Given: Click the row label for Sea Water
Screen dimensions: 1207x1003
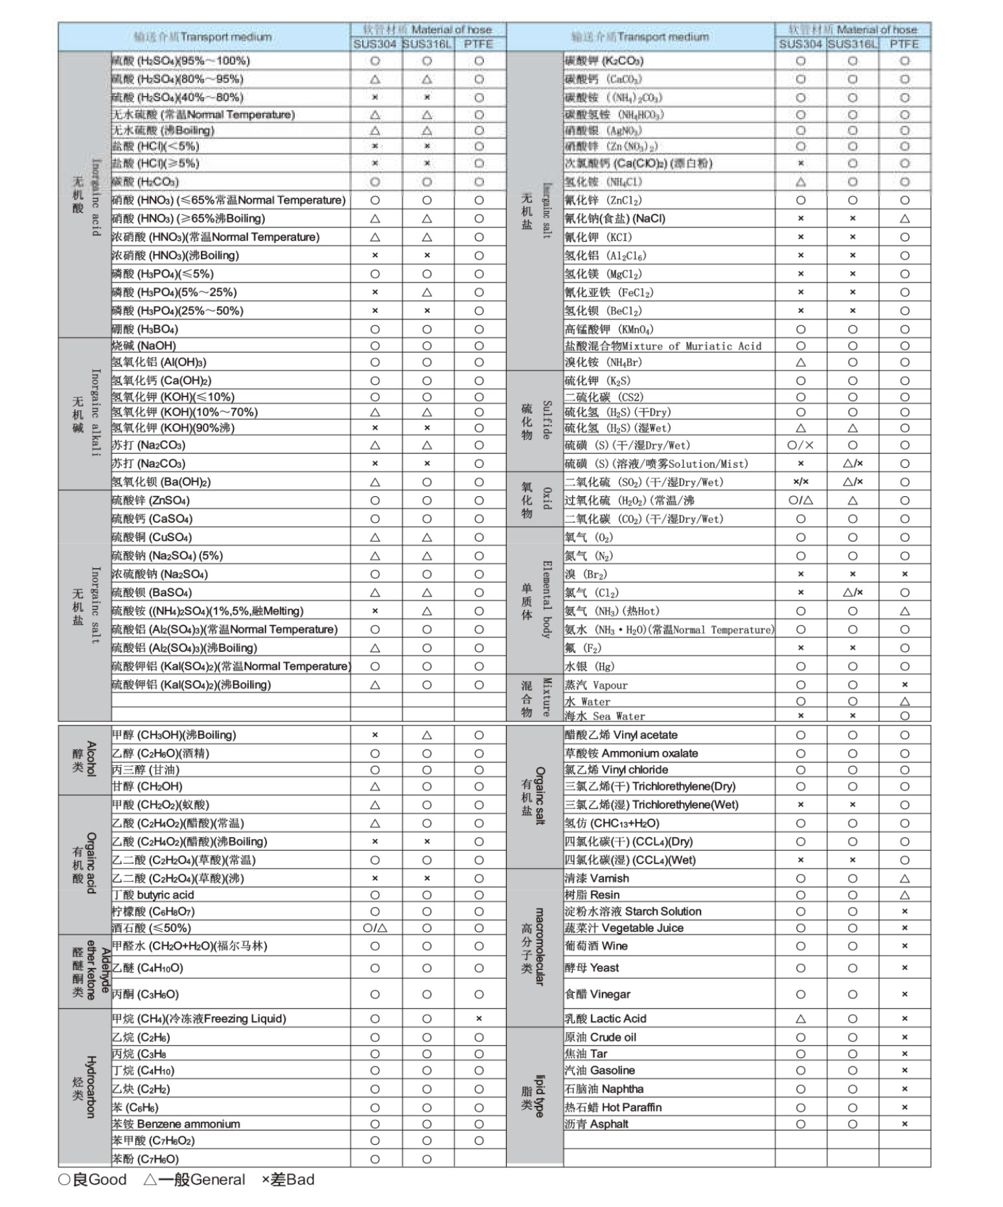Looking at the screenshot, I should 605,716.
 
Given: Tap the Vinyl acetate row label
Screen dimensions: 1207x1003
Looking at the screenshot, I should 621,735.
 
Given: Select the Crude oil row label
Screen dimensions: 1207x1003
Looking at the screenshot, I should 600,1037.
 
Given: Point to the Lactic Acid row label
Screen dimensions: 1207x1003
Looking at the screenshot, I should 605,1018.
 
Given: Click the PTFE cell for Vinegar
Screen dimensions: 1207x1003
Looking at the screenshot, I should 905,994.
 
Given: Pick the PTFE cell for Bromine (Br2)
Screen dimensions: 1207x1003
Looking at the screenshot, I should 905,574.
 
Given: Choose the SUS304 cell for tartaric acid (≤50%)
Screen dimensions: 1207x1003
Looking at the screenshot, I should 375,928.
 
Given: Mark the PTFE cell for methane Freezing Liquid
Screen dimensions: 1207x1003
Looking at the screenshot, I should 479,1018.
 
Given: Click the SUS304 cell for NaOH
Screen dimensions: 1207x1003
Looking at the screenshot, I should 375,346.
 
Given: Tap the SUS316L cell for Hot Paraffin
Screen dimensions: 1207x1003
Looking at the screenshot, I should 853,1107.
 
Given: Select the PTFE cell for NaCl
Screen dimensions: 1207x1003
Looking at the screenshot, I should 905,218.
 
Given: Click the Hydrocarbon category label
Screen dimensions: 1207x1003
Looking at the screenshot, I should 84,1088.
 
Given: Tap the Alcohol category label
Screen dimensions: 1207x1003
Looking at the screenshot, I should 84,759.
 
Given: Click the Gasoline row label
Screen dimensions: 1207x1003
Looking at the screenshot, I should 599,1070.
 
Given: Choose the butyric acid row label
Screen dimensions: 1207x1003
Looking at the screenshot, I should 153,895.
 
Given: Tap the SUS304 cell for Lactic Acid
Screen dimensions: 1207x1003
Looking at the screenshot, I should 801,1018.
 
